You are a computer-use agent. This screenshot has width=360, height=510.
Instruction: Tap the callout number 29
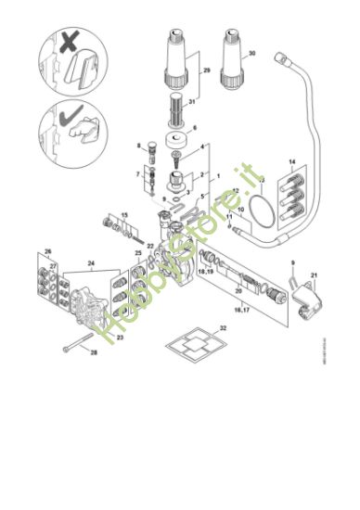[207, 70]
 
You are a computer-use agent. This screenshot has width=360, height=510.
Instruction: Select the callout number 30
[250, 53]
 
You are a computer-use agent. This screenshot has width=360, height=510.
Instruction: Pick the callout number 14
[292, 162]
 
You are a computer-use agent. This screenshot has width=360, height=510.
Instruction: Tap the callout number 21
[315, 276]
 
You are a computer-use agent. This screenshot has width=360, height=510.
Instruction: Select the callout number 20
[238, 292]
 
